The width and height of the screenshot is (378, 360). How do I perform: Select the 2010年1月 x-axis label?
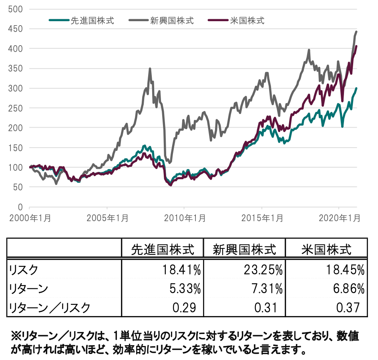coord(184,218)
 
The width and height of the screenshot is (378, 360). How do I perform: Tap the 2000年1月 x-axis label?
coord(29,218)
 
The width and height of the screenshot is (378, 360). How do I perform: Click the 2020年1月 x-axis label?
coord(339,218)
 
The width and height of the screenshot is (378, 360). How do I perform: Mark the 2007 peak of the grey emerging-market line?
coord(150,69)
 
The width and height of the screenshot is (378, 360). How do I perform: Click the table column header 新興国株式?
coord(244,250)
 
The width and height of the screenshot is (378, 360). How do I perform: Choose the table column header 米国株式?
coord(326,250)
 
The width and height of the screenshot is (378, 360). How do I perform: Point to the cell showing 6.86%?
coord(348,288)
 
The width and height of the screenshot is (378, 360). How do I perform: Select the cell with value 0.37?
coord(351,307)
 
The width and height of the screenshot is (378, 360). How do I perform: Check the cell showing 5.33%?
coord(185,288)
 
